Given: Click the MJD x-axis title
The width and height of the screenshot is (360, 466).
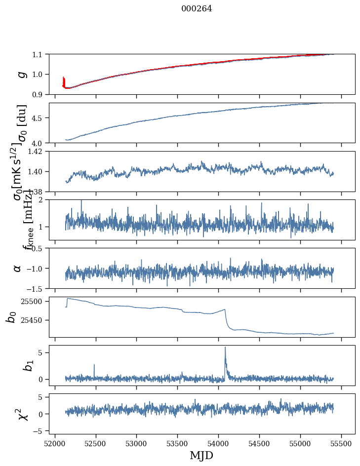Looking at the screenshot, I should [201, 456].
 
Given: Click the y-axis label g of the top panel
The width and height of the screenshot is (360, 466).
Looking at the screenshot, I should [21, 74].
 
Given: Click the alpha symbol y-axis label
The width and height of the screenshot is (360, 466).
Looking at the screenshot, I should [18, 268].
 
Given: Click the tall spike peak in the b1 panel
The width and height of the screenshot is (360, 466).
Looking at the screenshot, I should [225, 348].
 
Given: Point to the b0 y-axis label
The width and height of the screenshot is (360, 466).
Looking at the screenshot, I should [11, 317].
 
